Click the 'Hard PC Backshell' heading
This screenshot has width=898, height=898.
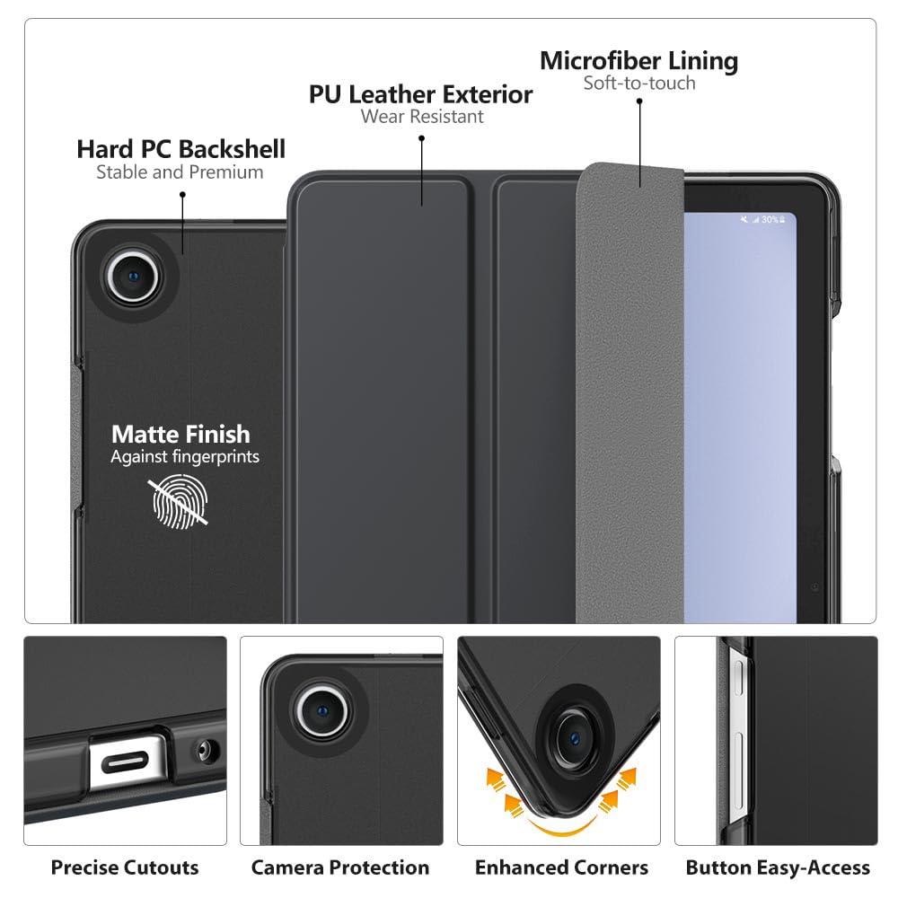tap(180, 148)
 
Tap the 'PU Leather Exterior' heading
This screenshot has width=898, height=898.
tap(420, 93)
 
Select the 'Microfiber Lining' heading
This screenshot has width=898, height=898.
tap(638, 61)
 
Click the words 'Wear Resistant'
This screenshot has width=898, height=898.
tap(422, 117)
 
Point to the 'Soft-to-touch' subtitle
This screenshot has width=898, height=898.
tap(638, 84)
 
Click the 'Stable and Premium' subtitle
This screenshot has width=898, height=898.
tap(180, 172)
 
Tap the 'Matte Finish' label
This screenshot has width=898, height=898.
tap(180, 434)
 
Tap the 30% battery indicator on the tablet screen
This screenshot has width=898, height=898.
tap(770, 220)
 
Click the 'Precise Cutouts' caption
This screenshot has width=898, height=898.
tap(125, 867)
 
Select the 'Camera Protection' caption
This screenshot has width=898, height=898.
tap(340, 867)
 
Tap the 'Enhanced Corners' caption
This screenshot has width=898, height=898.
tap(561, 867)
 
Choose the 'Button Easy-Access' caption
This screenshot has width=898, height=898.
tap(778, 867)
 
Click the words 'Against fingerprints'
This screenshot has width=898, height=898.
tap(185, 457)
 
